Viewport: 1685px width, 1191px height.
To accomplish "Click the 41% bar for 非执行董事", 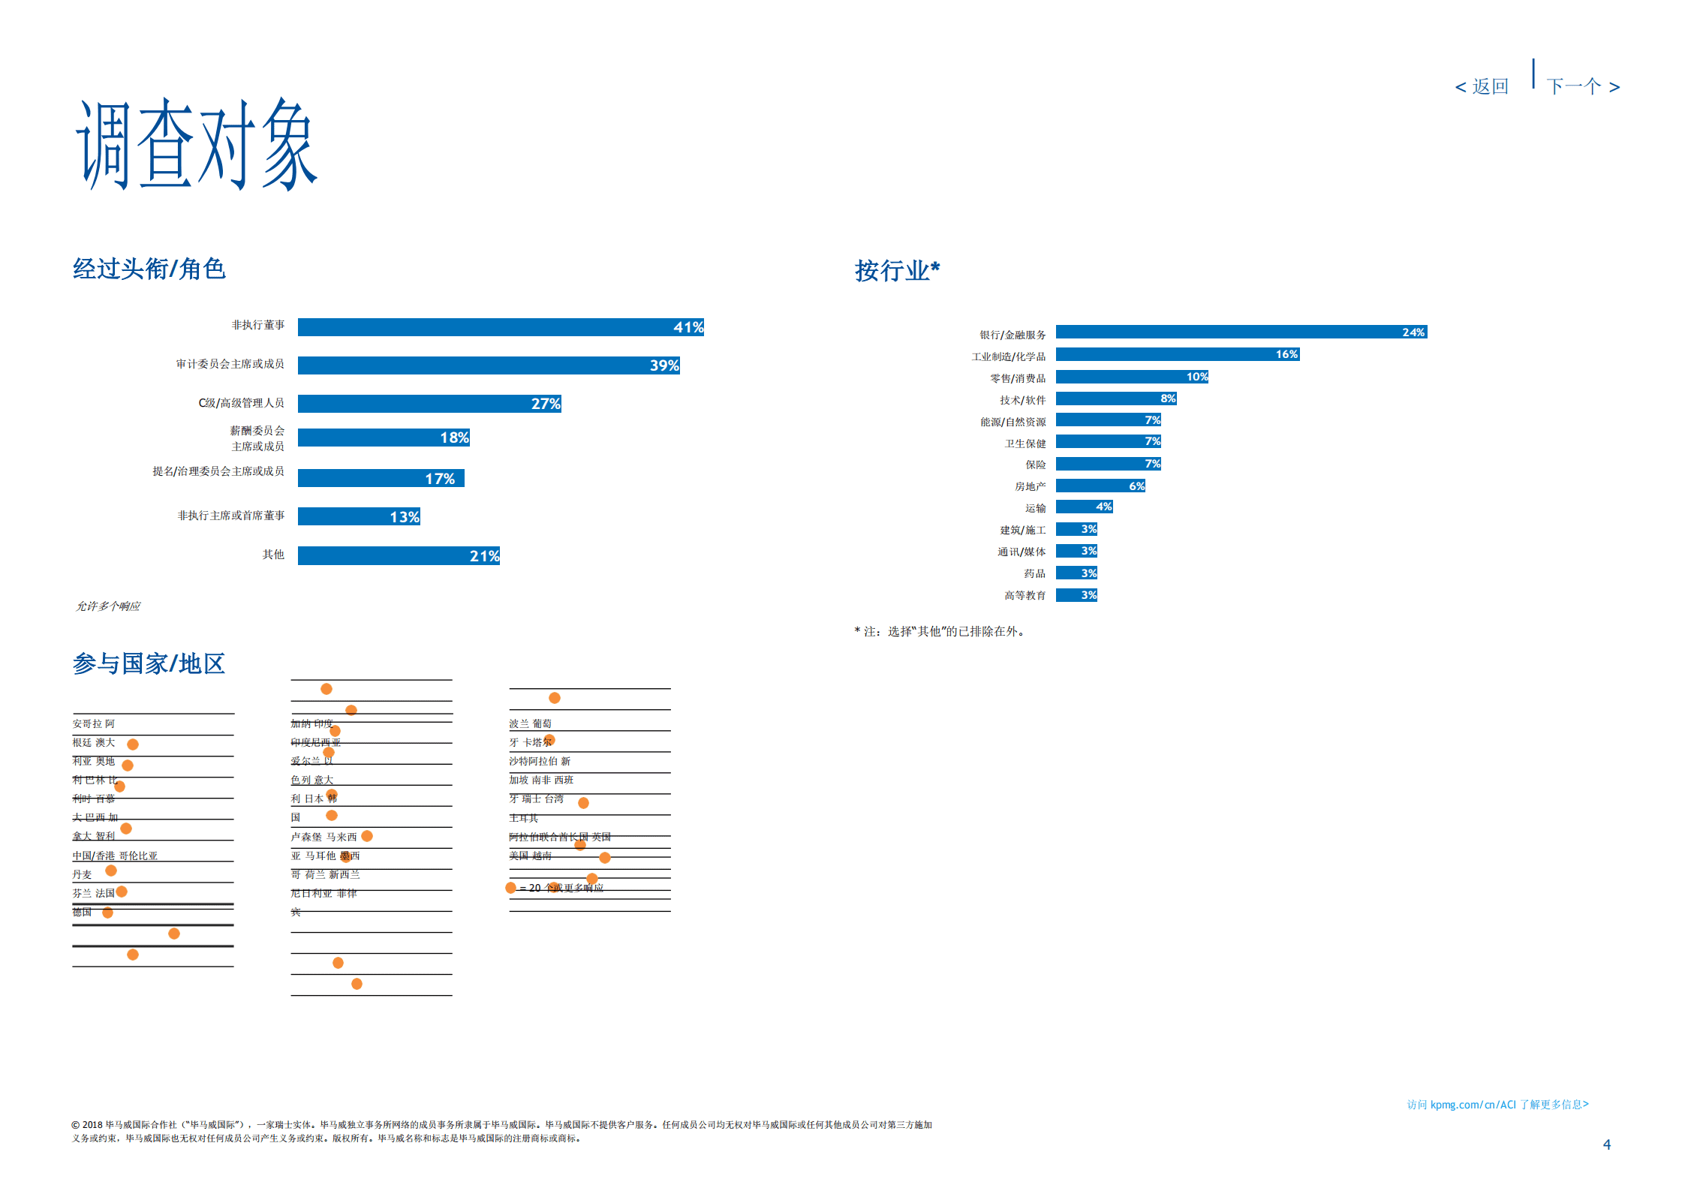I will (500, 327).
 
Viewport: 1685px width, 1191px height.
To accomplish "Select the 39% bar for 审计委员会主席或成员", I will (488, 365).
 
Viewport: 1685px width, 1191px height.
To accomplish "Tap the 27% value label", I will (546, 404).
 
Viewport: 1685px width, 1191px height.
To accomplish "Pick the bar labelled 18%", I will (383, 438).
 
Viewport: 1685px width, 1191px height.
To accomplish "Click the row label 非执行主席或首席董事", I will (230, 516).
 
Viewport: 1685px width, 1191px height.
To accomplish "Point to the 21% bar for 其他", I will (398, 555).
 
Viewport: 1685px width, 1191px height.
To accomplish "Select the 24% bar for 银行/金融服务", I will (1241, 332).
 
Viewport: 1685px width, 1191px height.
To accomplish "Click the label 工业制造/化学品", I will (1008, 356).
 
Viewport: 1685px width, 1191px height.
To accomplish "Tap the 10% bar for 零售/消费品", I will (1132, 377).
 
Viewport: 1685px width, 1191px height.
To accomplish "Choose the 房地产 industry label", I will (1030, 486).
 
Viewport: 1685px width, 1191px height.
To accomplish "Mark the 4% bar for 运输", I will (1084, 507).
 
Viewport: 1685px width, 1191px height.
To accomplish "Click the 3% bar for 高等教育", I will (1076, 595).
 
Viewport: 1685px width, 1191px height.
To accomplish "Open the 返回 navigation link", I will (1482, 87).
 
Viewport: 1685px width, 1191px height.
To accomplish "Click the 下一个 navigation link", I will (1583, 87).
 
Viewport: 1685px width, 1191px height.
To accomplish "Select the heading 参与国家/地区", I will (149, 663).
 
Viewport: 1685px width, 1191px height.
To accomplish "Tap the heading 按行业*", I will (897, 270).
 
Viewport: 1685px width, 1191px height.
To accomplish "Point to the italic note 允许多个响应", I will (108, 606).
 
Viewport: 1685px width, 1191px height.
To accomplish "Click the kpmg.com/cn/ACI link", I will (1497, 1105).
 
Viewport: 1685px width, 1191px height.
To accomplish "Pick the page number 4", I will (1607, 1144).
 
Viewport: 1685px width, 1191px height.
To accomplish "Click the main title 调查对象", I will (197, 144).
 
